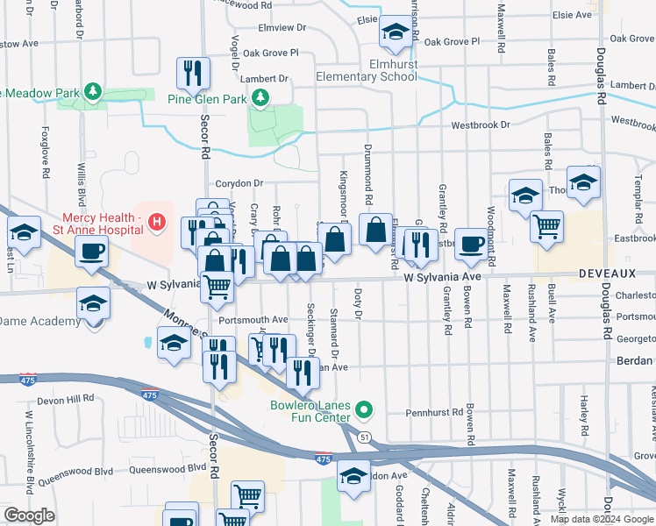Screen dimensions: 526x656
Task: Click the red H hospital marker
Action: coord(156,223)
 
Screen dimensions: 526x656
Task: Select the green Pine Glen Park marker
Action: coord(260,100)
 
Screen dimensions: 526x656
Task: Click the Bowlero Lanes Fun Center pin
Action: coord(367,409)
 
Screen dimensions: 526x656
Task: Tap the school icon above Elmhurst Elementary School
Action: coord(395,34)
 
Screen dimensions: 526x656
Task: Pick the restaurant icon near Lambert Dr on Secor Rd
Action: coord(193,73)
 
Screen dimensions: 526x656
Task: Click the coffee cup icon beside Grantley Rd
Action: coord(471,244)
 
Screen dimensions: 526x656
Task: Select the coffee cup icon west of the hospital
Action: coord(91,252)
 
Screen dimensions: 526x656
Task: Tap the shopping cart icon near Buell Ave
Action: coord(546,225)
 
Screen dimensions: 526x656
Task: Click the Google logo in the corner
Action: coord(29,515)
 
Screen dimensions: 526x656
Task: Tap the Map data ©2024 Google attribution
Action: coord(602,519)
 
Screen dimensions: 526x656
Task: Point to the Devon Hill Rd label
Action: coord(66,398)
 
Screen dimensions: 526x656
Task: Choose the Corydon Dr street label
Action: coord(239,183)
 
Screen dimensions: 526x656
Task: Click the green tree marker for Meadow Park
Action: coord(91,91)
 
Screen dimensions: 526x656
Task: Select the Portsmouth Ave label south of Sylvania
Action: coord(253,319)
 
